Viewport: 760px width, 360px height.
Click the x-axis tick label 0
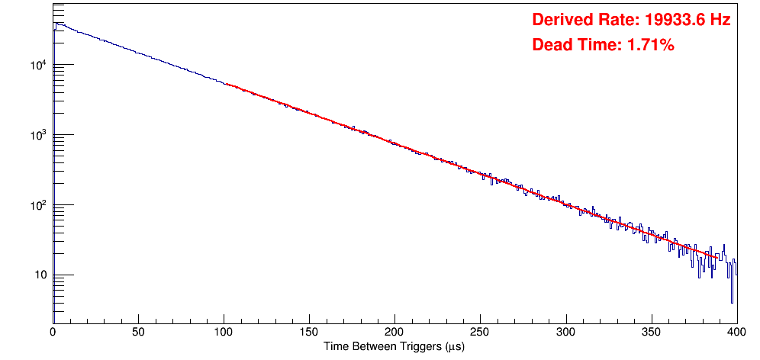(x=53, y=333)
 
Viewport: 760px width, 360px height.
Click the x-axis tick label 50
(x=138, y=333)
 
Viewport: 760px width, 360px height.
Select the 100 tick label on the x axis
(x=224, y=333)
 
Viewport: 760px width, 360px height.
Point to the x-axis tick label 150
(x=309, y=333)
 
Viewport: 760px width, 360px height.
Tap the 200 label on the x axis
(x=394, y=333)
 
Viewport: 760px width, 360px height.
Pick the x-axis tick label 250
(x=480, y=333)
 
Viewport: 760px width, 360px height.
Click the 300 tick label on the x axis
(x=565, y=333)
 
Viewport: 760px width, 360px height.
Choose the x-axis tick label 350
(x=651, y=333)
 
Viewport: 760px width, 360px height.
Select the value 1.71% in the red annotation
(x=650, y=45)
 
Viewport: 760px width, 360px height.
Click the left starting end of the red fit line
(x=227, y=84)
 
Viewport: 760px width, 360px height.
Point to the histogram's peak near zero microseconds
(x=55, y=24)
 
